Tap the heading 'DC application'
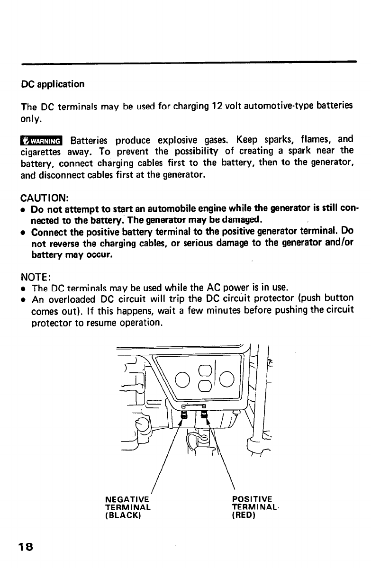(x=53, y=84)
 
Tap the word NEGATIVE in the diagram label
(x=127, y=498)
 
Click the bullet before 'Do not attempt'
(x=24, y=209)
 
